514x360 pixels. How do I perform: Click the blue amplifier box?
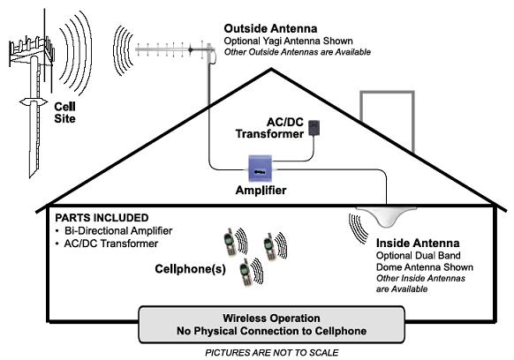coord(261,169)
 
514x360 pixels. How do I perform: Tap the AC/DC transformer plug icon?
coord(314,128)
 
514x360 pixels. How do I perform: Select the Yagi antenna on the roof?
coord(175,50)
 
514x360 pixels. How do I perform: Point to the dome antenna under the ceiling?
coord(386,215)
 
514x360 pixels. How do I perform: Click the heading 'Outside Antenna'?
coord(270,28)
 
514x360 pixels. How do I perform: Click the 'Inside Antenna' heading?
coord(418,243)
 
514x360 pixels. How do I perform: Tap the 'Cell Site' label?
coord(64,112)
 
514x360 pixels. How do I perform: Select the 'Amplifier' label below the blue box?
coord(261,191)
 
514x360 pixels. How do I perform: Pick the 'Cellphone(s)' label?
coord(190,269)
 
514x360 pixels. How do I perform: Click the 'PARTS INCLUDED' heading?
coord(102,218)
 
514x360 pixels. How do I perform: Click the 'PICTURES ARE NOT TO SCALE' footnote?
coord(272,352)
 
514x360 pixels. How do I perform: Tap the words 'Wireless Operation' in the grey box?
coord(271,318)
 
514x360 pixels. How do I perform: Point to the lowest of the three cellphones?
coord(246,273)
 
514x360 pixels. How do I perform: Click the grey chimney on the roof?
coord(388,120)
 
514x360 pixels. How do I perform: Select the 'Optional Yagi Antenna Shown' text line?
coord(289,41)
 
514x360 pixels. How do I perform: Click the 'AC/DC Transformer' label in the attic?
coord(269,128)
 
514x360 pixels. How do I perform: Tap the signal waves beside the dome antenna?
coord(358,229)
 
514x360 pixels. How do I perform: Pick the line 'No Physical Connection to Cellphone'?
coord(271,331)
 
